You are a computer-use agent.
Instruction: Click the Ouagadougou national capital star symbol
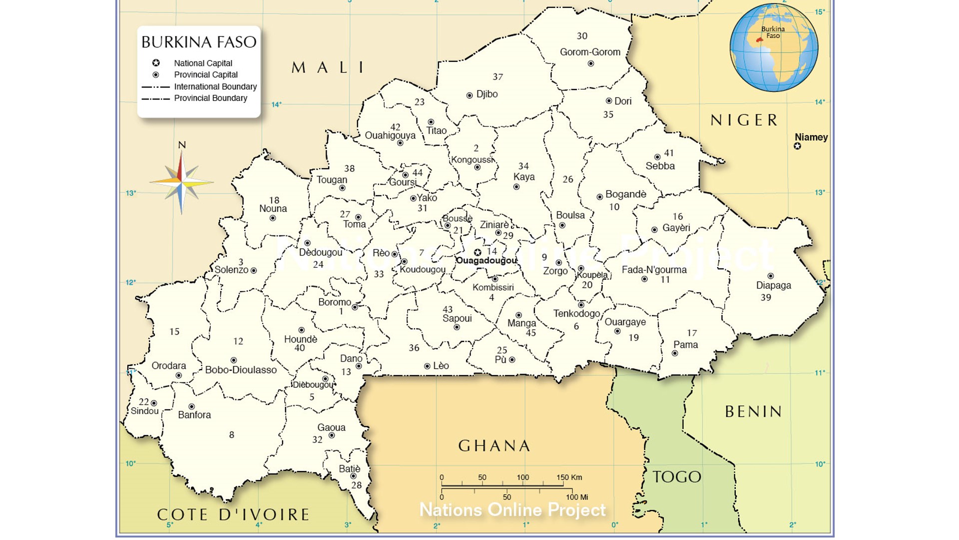pyautogui.click(x=478, y=252)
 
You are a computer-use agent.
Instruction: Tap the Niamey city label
pyautogui.click(x=811, y=137)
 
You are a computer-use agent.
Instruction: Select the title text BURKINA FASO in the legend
pyautogui.click(x=199, y=42)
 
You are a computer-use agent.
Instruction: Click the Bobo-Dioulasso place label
pyautogui.click(x=241, y=370)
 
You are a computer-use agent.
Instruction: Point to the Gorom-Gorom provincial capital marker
pyautogui.click(x=590, y=63)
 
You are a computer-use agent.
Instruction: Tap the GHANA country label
pyautogui.click(x=494, y=445)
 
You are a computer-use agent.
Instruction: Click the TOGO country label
pyautogui.click(x=677, y=477)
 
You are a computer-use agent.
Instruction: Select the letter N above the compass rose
pyautogui.click(x=182, y=145)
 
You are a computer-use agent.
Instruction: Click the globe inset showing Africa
pyautogui.click(x=773, y=48)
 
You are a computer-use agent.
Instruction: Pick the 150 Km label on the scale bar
pyautogui.click(x=569, y=477)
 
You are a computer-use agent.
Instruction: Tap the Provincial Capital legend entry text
pyautogui.click(x=206, y=74)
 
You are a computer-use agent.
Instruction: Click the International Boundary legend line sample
pyautogui.click(x=156, y=87)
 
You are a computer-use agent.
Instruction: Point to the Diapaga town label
pyautogui.click(x=773, y=285)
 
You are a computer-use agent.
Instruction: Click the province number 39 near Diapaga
pyautogui.click(x=766, y=297)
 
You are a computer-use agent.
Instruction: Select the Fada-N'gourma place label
pyautogui.click(x=654, y=270)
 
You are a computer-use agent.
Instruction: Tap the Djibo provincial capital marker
pyautogui.click(x=470, y=95)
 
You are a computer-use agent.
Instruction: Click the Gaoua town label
pyautogui.click(x=331, y=427)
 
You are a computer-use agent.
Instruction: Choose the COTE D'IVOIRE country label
pyautogui.click(x=233, y=514)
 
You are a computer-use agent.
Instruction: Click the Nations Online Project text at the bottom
pyautogui.click(x=512, y=510)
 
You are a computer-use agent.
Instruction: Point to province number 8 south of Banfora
pyautogui.click(x=231, y=435)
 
